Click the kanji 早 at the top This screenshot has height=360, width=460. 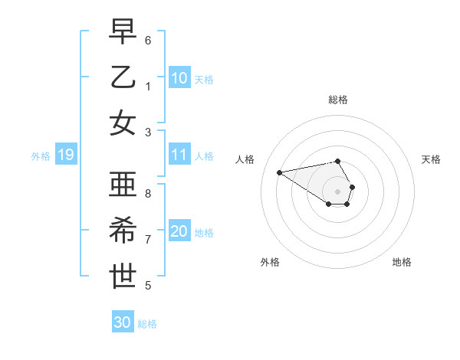123,32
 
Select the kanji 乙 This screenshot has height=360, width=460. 123,77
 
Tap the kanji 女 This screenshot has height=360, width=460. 123,123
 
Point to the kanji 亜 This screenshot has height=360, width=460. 123,185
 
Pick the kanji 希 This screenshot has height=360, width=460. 123,231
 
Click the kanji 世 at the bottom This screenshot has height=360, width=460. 123,277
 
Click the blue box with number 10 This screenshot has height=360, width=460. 179,77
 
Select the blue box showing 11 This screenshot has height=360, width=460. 179,155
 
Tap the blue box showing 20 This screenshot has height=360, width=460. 179,232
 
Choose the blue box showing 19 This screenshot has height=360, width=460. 66,155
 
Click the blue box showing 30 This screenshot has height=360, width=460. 123,322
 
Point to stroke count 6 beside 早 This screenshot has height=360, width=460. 148,39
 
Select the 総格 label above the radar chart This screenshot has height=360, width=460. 338,100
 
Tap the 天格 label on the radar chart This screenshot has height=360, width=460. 431,159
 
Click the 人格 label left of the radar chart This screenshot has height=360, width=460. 245,159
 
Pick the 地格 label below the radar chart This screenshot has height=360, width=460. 402,262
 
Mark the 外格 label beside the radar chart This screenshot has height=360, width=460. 270,262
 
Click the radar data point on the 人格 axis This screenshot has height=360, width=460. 279,172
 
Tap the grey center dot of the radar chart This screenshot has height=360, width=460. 338,191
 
